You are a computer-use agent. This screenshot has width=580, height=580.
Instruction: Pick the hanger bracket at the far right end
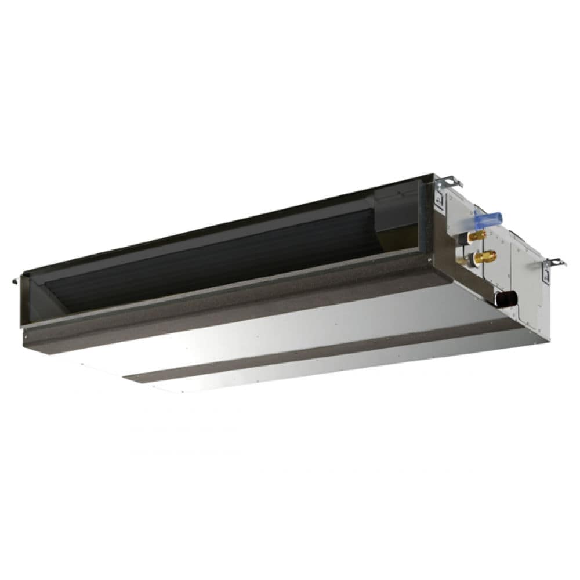(554, 263)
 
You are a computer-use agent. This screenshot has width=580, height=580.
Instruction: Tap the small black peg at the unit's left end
(16, 281)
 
